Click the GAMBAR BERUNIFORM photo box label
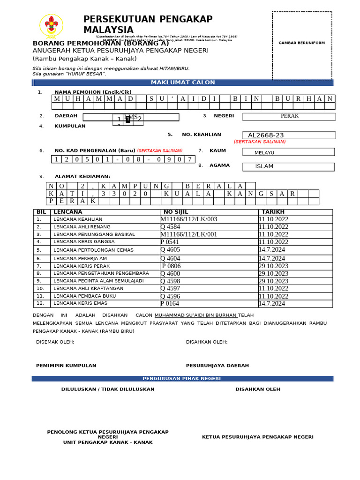click(301, 43)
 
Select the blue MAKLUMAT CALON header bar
click(183, 82)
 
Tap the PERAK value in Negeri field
click(289, 116)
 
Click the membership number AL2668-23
click(266, 135)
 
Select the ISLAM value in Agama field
click(264, 166)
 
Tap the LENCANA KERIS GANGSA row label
click(77, 242)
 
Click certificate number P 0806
click(171, 266)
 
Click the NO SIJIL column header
click(175, 212)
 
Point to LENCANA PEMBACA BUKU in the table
click(78, 296)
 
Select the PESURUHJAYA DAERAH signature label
click(217, 366)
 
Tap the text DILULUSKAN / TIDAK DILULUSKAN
click(108, 389)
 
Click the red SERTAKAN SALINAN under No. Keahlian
click(260, 142)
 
